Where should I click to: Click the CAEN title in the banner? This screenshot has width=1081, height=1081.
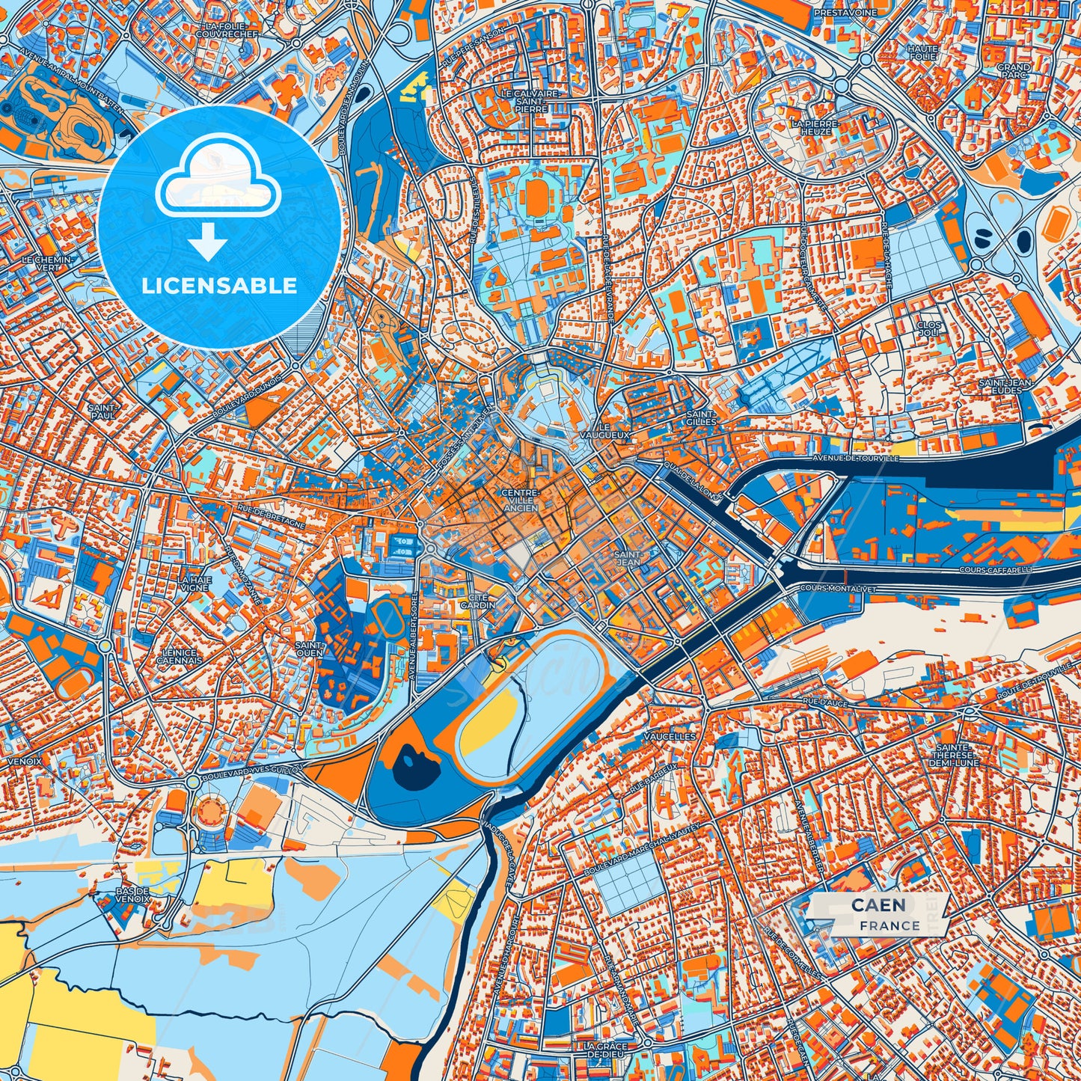(878, 905)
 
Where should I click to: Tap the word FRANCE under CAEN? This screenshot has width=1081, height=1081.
(889, 925)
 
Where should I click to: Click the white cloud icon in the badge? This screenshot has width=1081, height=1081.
(218, 179)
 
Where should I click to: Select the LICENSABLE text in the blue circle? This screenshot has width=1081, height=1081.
(219, 286)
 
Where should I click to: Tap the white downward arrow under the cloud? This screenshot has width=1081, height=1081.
(208, 242)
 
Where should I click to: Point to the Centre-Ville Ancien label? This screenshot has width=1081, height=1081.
(520, 500)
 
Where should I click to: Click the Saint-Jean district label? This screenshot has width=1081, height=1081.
(627, 558)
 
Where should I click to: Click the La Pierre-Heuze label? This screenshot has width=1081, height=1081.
(815, 126)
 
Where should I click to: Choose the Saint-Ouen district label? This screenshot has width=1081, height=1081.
(310, 649)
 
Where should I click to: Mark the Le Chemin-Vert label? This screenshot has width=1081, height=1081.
(48, 263)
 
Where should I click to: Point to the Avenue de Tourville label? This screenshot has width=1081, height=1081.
(856, 458)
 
